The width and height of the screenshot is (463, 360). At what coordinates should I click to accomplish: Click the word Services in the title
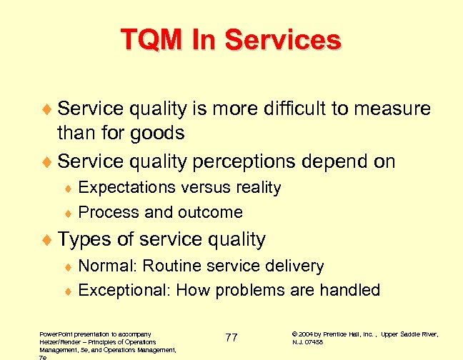click(x=284, y=39)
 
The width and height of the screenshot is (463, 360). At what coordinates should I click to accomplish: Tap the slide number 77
click(x=231, y=337)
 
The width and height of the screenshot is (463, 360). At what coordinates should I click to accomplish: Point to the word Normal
click(x=107, y=266)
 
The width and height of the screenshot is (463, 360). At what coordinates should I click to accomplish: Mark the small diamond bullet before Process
click(x=69, y=213)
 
